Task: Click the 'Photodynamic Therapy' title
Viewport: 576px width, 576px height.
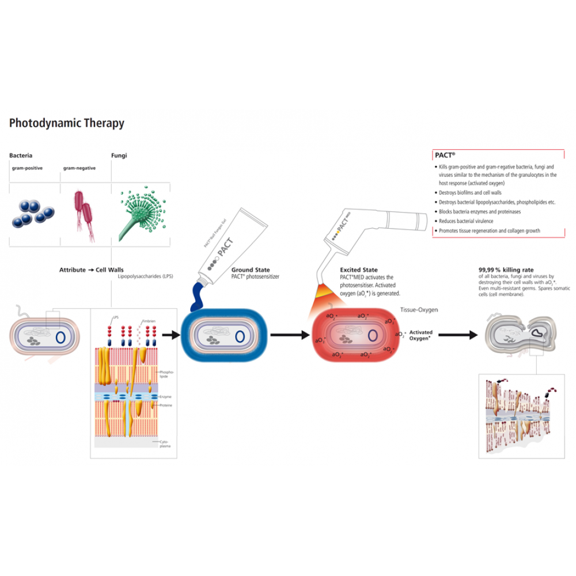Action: coord(67,123)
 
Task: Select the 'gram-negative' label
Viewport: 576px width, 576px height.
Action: coord(79,168)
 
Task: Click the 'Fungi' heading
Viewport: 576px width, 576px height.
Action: coord(119,156)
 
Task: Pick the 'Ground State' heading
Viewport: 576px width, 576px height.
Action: coord(250,270)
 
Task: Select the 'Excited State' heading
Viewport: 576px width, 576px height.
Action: coord(359,270)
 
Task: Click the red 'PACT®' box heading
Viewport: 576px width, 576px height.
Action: coord(444,156)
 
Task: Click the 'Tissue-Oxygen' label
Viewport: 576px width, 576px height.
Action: coord(419,310)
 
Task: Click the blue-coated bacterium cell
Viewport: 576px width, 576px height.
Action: coord(225,335)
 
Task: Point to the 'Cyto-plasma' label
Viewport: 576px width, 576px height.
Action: coord(165,444)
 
